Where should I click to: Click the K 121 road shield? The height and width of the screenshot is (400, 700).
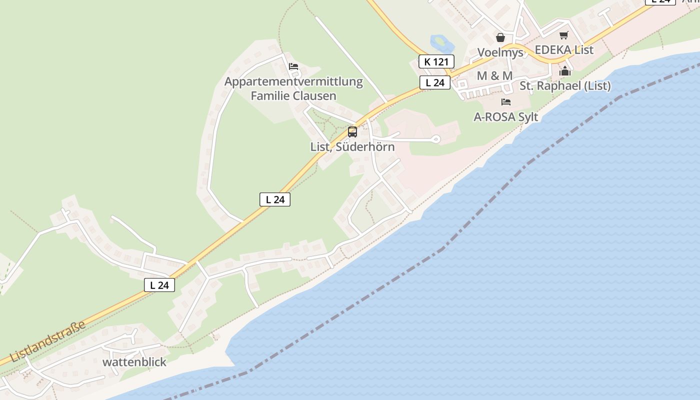point(436,61)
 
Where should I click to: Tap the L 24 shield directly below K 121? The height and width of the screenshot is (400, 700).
point(434,82)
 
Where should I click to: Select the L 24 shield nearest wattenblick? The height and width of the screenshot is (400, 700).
point(159,285)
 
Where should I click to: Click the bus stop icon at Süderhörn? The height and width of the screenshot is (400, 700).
point(352,132)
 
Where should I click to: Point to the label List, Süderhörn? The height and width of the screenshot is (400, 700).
point(352,147)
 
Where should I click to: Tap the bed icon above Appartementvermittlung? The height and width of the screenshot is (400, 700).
point(293,66)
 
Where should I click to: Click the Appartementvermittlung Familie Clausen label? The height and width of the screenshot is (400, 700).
point(293,88)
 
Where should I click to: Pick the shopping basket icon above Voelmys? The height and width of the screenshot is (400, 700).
point(500,37)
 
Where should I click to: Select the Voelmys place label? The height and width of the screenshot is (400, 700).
point(500,52)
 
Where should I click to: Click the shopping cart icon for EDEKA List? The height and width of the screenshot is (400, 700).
point(564,35)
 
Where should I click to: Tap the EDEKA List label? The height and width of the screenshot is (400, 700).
point(564,50)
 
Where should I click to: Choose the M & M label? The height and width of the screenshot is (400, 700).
point(494,75)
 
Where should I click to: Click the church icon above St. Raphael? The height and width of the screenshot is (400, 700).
point(565,71)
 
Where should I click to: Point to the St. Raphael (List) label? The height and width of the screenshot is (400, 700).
point(565,86)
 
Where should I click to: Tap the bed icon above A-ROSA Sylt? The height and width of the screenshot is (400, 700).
point(506,102)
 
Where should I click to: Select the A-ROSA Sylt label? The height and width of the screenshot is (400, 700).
point(506,117)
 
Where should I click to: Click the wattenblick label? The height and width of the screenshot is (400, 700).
point(134,362)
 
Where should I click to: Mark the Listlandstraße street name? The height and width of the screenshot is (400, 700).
point(47,341)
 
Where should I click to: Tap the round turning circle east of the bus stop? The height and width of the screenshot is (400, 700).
point(436,139)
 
